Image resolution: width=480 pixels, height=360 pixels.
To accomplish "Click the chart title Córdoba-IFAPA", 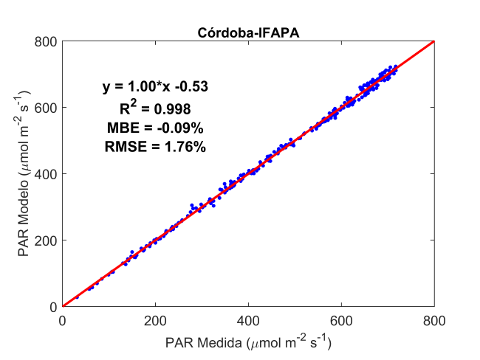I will (x=247, y=32).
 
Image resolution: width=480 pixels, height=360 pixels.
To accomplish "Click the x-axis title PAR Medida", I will (x=247, y=342).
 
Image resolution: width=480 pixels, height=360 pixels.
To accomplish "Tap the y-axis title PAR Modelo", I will (x=24, y=174).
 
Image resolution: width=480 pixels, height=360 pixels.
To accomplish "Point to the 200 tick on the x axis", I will (x=155, y=321).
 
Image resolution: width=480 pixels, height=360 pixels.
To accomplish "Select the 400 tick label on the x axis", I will (x=248, y=321).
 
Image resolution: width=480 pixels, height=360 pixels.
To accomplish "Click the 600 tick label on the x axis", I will (x=341, y=321).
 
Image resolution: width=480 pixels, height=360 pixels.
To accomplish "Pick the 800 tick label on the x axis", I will (x=434, y=321).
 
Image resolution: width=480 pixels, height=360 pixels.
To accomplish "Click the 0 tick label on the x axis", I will (x=62, y=321).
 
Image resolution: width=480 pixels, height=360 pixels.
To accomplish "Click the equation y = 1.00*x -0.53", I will (x=155, y=87).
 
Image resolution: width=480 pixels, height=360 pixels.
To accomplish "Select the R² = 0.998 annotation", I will (x=155, y=108).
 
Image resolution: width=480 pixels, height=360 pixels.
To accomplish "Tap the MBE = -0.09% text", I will (x=155, y=128).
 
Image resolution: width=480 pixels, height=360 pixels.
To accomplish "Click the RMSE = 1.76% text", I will (x=155, y=147).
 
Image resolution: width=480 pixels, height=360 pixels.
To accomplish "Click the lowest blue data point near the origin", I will (x=77, y=297).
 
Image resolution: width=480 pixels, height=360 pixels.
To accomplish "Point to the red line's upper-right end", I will (x=433, y=41).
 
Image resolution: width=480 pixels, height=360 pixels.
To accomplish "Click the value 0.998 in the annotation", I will (x=172, y=109).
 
